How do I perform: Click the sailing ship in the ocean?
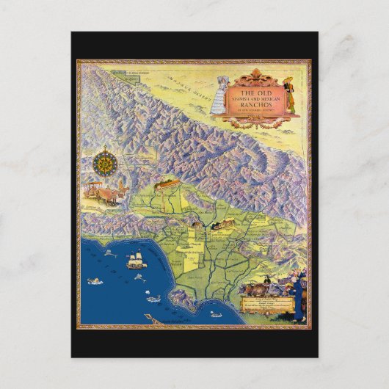[x=136, y=261]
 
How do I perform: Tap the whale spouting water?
[x=95, y=280]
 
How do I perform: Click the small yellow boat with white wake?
[x=153, y=298]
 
